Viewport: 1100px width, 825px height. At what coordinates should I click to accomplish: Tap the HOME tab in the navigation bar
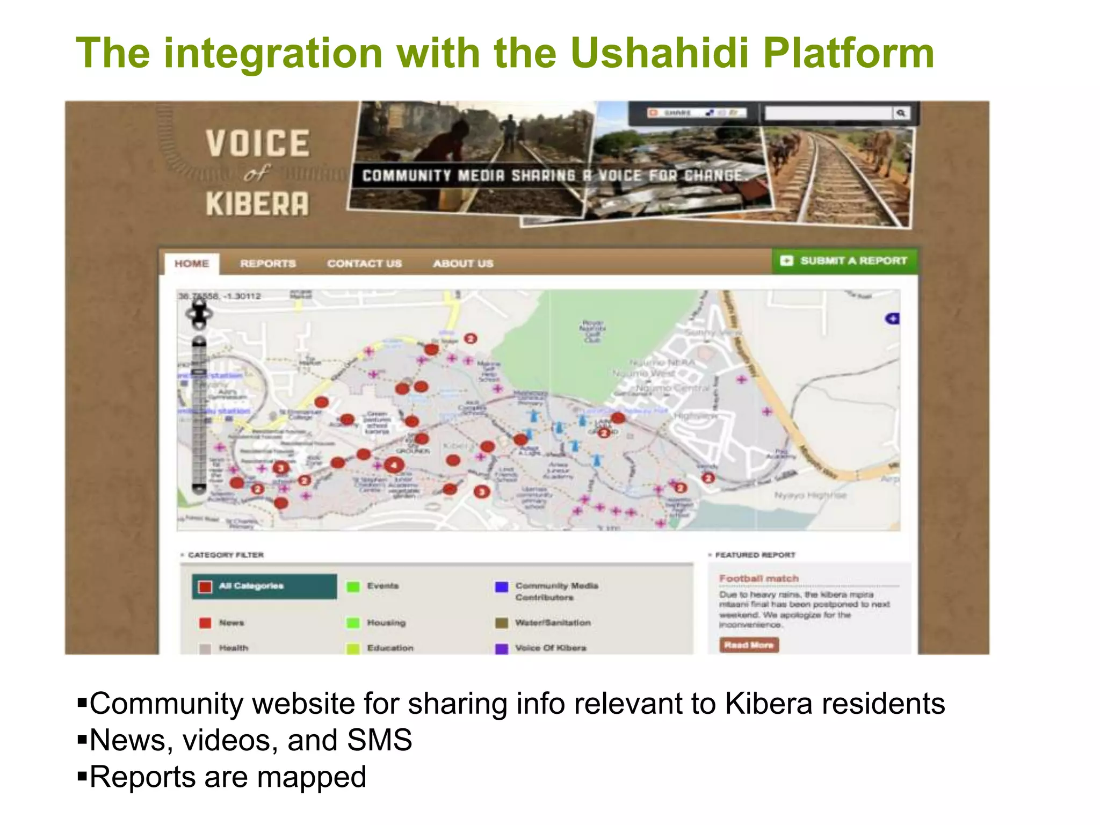(192, 264)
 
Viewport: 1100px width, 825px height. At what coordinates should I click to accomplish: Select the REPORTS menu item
(268, 264)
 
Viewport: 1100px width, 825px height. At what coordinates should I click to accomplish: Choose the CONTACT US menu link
(364, 264)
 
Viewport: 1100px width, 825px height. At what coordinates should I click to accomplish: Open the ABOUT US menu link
(463, 264)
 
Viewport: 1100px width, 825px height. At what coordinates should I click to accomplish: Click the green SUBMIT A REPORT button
(844, 261)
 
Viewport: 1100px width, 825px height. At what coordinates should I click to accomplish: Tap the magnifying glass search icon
(901, 113)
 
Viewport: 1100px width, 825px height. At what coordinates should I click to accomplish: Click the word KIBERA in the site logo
(257, 204)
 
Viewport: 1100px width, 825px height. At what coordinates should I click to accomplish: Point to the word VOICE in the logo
(257, 143)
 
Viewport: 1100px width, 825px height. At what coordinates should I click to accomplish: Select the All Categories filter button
(264, 586)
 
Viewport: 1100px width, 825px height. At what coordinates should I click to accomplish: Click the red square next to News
(205, 623)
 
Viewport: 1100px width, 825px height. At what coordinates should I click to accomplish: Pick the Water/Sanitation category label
(553, 623)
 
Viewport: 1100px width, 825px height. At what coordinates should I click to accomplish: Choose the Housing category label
(386, 623)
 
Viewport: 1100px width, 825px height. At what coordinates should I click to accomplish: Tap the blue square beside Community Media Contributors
(502, 587)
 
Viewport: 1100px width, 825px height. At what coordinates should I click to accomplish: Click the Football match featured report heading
(758, 578)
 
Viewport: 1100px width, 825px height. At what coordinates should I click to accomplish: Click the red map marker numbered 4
(394, 465)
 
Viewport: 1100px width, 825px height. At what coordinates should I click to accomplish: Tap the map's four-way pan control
(199, 314)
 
